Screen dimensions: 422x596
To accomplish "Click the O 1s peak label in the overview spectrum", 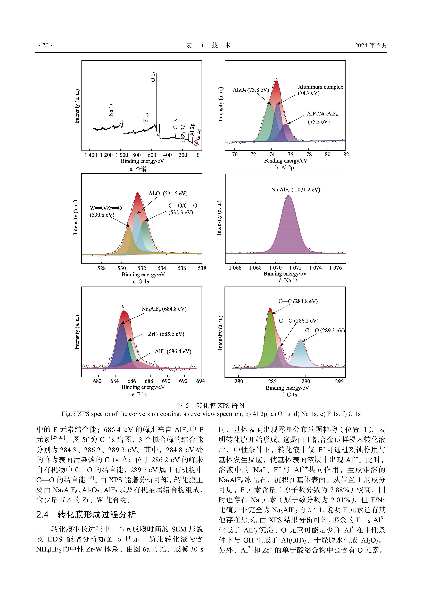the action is coord(153,76).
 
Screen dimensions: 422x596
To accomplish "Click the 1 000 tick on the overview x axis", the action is coord(122,155).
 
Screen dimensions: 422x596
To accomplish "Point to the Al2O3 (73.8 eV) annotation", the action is coord(251,90).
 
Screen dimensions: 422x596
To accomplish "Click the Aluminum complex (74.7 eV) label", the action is coord(320,90).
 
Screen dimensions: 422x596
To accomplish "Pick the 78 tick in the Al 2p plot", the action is coord(309,154).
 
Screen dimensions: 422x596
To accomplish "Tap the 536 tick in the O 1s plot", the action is coord(182,268).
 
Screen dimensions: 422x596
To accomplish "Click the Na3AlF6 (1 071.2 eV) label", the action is coord(296,190).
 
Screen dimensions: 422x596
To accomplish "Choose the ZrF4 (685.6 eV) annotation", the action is coord(166,334).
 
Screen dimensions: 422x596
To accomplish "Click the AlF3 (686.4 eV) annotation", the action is coord(173,351).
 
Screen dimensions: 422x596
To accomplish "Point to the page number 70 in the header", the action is coord(45,45).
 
